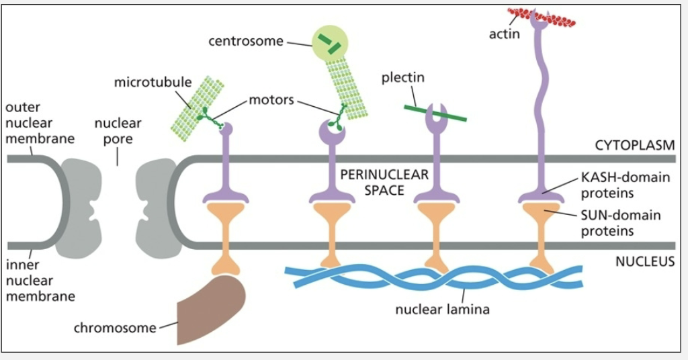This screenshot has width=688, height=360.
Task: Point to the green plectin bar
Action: coord(435,113)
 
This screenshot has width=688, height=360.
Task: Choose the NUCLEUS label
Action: coord(644,262)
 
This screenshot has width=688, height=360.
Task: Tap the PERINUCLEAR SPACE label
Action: coord(384,182)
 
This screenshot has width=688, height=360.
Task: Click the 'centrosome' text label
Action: coord(246,42)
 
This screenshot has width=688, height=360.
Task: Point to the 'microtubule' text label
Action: coord(153,83)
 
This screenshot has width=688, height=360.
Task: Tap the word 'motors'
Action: coord(271,101)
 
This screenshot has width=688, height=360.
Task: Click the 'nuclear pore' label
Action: coord(118,131)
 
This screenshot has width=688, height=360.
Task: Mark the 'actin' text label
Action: coord(504,34)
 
